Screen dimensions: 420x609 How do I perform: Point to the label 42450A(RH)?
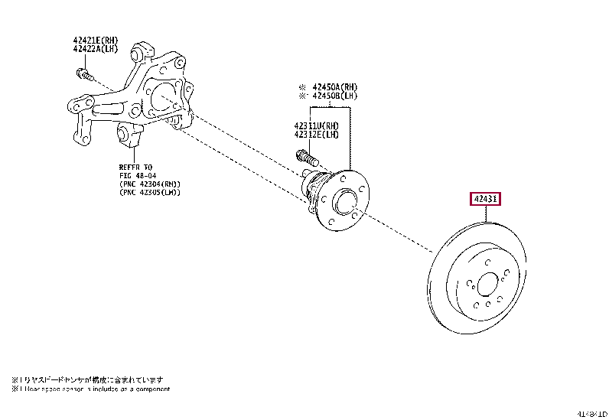coord(330,86)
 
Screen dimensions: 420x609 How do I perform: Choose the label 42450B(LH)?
coord(330,96)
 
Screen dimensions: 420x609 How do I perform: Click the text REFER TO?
coord(135,166)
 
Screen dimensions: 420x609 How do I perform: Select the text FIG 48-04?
coord(138,175)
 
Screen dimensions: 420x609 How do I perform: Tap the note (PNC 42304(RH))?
coord(149,184)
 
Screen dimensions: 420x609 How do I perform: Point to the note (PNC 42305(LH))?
coord(149,193)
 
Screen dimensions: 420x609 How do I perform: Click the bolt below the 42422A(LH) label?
coord(84,75)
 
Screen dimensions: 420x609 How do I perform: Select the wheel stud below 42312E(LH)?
coord(305,158)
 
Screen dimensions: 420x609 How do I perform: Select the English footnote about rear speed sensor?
coord(90,389)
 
